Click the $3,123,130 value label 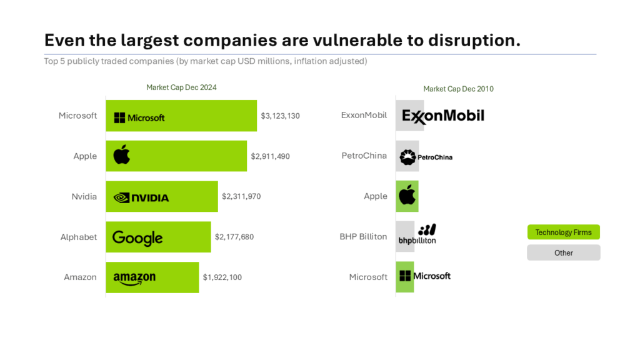click(x=280, y=116)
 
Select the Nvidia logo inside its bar click(x=141, y=197)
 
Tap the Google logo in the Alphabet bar click(x=137, y=237)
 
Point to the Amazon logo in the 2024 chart click(x=134, y=278)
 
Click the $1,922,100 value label click(x=222, y=277)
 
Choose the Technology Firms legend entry click(x=563, y=232)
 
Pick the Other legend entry click(x=563, y=252)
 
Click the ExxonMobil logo click(x=443, y=116)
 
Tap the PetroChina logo click(x=426, y=157)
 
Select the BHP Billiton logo click(x=418, y=234)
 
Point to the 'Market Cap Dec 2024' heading click(x=181, y=87)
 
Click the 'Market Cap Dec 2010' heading click(x=458, y=89)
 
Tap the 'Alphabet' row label click(x=79, y=237)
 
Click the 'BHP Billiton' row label click(x=363, y=237)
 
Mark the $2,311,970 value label click(x=241, y=196)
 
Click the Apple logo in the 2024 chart click(x=122, y=154)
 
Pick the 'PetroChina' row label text click(x=364, y=156)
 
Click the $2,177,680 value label click(x=234, y=237)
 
